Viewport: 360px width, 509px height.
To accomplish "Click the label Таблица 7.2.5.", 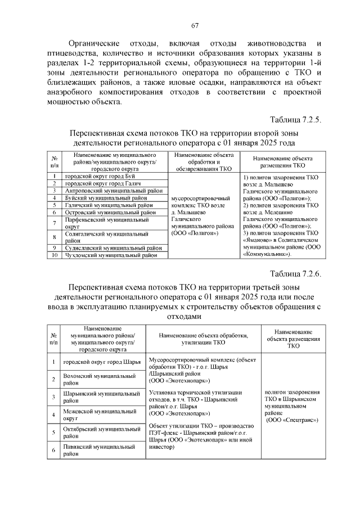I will pos(295,120).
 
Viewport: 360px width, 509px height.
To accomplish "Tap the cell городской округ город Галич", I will pos(101,184).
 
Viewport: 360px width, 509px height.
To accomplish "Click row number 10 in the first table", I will pos(55,255).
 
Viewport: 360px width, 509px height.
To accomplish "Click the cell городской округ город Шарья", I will pos(101,362).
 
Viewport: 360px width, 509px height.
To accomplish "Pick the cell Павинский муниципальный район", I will pos(99,451).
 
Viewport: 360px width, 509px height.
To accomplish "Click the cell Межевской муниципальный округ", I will pos(98,415).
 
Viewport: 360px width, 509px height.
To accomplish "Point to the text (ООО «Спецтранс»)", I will pos(291,420).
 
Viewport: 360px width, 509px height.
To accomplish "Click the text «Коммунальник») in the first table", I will pos(268,254).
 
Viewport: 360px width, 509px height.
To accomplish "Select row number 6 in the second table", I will pos(53,451).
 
